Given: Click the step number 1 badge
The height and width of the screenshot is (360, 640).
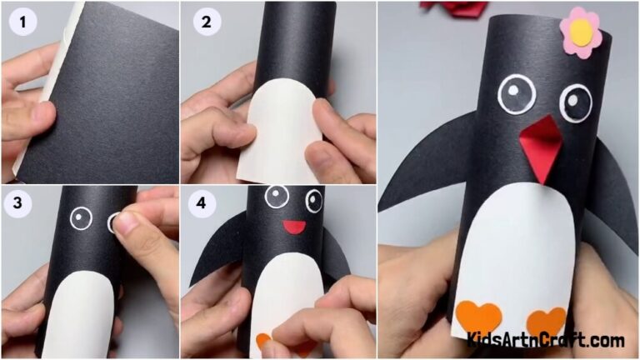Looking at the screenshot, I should [x=22, y=22].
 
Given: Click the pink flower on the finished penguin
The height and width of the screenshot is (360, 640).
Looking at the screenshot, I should [x=580, y=32].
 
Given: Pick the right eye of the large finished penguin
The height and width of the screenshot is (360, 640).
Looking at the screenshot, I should [x=575, y=102].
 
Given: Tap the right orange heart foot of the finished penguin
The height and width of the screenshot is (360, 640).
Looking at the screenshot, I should [x=546, y=322].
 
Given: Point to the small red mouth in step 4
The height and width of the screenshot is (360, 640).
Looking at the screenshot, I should [x=293, y=226].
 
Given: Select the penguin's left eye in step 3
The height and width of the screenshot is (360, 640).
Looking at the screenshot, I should [x=80, y=218].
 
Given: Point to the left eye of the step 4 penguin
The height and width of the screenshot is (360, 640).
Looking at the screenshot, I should [x=277, y=197].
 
